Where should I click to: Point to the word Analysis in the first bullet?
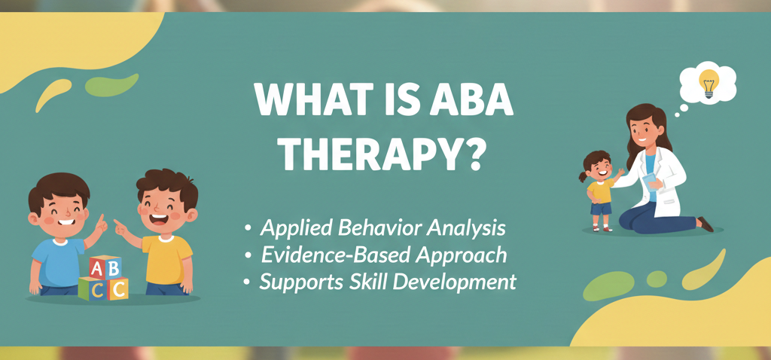pyautogui.click(x=467, y=227)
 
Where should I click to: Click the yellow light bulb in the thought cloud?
pyautogui.click(x=708, y=80)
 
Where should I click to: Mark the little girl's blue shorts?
pyautogui.click(x=600, y=209)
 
